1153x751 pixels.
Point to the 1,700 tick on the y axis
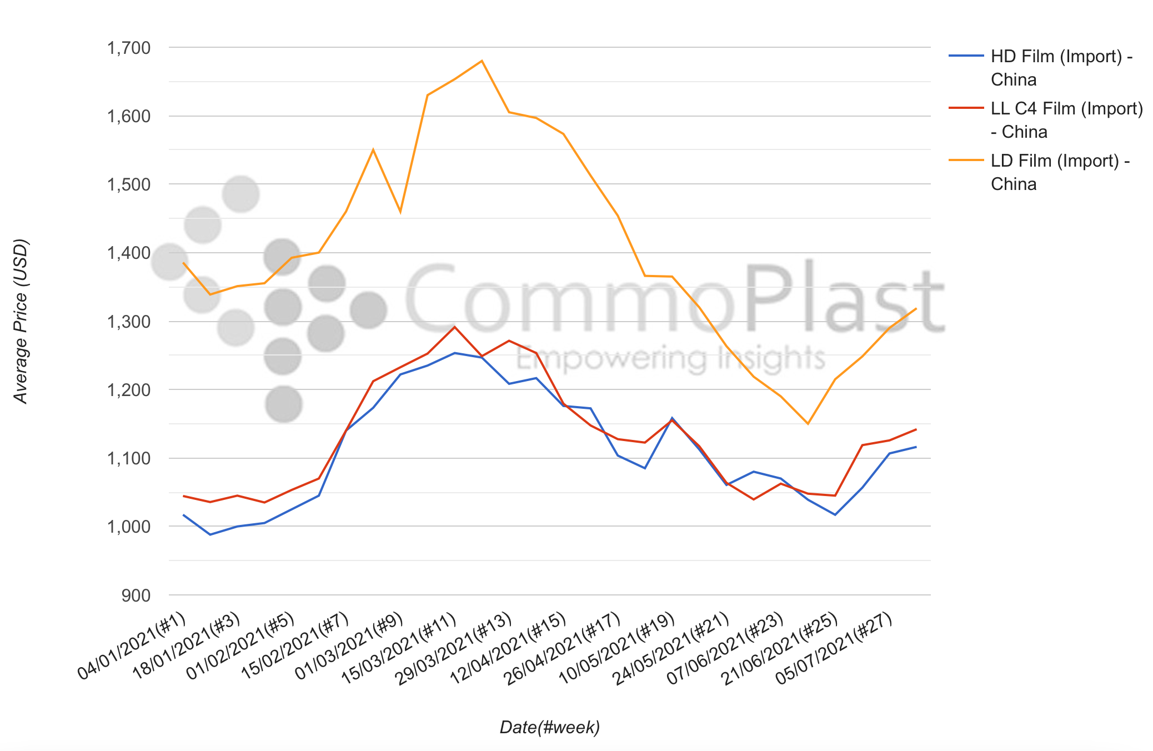click(x=129, y=48)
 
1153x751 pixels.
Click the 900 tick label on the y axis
click(x=136, y=595)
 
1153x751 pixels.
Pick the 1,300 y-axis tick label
click(x=129, y=322)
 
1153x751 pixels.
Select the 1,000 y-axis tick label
click(x=129, y=527)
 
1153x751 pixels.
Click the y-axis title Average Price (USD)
click(x=21, y=321)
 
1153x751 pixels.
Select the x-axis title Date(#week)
click(x=550, y=727)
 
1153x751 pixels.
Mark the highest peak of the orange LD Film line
click(x=482, y=61)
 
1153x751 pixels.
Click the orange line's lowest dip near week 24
click(x=808, y=424)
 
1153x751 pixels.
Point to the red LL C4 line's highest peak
click(x=455, y=327)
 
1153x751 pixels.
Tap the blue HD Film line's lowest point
click(x=210, y=534)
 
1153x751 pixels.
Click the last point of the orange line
click(x=916, y=308)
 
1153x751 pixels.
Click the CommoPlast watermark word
click(x=675, y=300)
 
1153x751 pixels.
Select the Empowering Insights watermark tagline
click(x=670, y=358)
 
